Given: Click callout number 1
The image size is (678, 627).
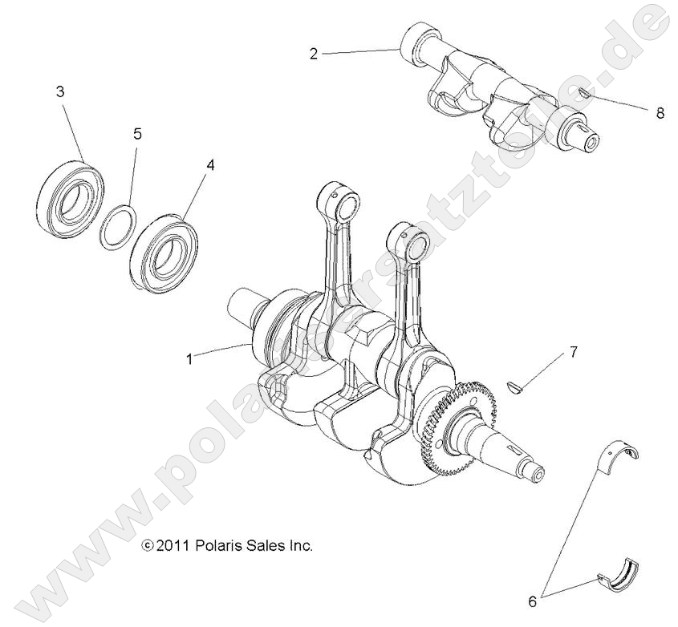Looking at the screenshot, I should coord(189,359).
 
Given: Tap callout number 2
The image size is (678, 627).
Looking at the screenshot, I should coord(314,54).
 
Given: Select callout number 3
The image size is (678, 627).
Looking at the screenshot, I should coord(59,91).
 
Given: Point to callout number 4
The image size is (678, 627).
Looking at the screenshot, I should coord(210,164).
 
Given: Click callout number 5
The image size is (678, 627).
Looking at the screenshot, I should coord(137,133).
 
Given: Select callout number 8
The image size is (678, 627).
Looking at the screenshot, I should coord(660,113).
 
